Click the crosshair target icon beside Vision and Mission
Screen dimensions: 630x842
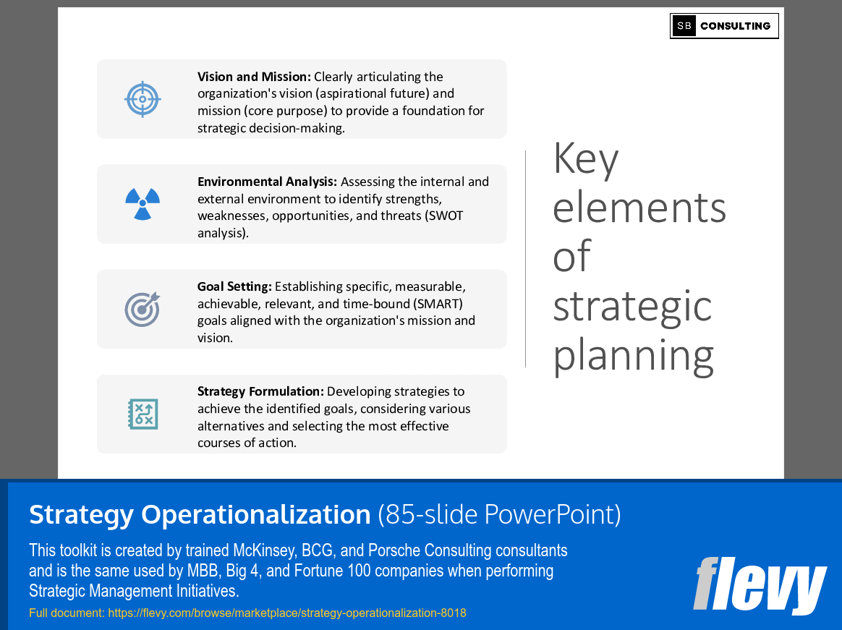click(143, 99)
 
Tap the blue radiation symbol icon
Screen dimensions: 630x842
click(143, 203)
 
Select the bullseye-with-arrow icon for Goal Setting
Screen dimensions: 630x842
click(143, 309)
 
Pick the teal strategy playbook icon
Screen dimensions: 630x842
click(143, 414)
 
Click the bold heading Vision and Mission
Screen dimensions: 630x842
click(254, 77)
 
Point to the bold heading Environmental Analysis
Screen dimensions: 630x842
click(267, 182)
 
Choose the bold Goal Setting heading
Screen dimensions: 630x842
click(234, 286)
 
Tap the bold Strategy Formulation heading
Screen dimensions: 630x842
click(260, 391)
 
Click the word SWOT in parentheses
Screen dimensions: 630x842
click(447, 216)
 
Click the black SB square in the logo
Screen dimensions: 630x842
click(684, 26)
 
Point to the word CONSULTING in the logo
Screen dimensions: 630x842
click(735, 26)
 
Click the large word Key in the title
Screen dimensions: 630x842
click(586, 160)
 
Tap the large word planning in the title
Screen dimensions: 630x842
click(634, 355)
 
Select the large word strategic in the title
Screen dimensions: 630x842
click(632, 306)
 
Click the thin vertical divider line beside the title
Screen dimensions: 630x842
click(526, 258)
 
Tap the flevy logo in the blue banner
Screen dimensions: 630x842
click(759, 585)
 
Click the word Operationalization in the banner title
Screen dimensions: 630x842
click(255, 514)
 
